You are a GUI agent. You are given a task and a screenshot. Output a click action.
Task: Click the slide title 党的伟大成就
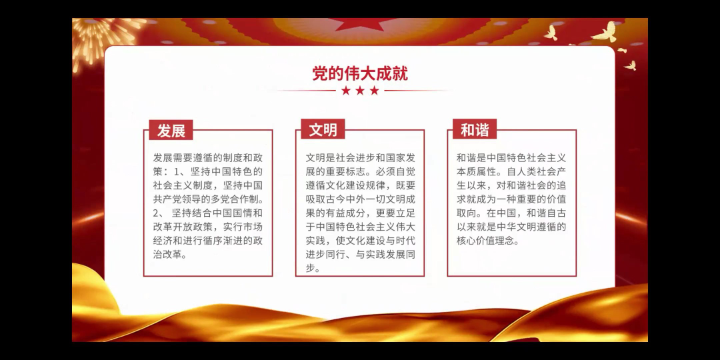tap(360, 73)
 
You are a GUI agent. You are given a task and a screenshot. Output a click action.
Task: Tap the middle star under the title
tap(360, 91)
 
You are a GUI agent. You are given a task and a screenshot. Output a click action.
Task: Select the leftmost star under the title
tap(346, 91)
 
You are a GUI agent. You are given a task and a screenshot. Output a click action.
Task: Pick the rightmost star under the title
tap(375, 91)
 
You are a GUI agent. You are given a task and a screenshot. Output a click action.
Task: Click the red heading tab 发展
tap(171, 130)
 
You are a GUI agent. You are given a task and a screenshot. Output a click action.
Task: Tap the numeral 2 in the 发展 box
tap(156, 213)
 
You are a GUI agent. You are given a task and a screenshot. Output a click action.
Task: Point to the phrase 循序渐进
tap(219, 241)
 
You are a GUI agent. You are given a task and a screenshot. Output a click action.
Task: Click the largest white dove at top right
tap(605, 32)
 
